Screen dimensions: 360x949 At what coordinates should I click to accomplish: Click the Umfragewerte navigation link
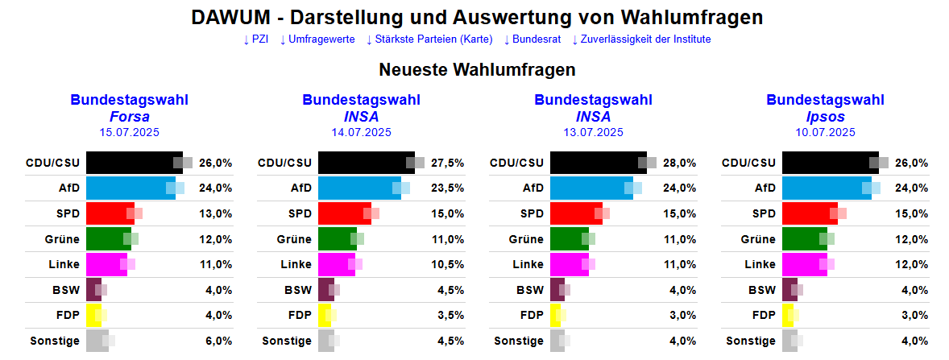[321, 39]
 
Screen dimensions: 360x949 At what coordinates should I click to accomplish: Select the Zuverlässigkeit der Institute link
[645, 39]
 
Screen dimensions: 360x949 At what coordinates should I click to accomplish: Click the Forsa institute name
[129, 117]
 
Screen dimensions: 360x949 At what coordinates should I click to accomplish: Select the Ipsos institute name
[825, 117]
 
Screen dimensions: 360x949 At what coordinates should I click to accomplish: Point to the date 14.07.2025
[361, 132]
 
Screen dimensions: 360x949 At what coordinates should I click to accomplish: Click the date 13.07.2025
[593, 132]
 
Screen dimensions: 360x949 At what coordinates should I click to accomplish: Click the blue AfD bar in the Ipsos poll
[826, 188]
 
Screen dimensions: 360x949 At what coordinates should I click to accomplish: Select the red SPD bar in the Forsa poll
[110, 213]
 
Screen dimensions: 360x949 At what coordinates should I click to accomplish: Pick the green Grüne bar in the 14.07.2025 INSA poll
[337, 239]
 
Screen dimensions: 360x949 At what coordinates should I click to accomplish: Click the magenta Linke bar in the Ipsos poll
[804, 264]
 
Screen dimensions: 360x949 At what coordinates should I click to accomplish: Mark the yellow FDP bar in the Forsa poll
[93, 315]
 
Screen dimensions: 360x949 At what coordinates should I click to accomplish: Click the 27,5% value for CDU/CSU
[447, 163]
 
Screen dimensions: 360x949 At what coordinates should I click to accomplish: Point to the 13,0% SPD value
[215, 213]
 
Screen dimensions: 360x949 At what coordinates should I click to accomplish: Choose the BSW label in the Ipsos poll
[761, 290]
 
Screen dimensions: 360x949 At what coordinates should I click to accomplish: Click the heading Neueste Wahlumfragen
[477, 70]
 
